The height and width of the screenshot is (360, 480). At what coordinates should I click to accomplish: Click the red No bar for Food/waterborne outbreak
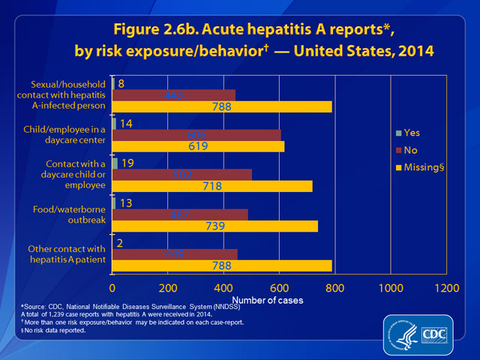[x=240, y=214]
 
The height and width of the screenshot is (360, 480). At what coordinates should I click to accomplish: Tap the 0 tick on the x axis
[x=112, y=287]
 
